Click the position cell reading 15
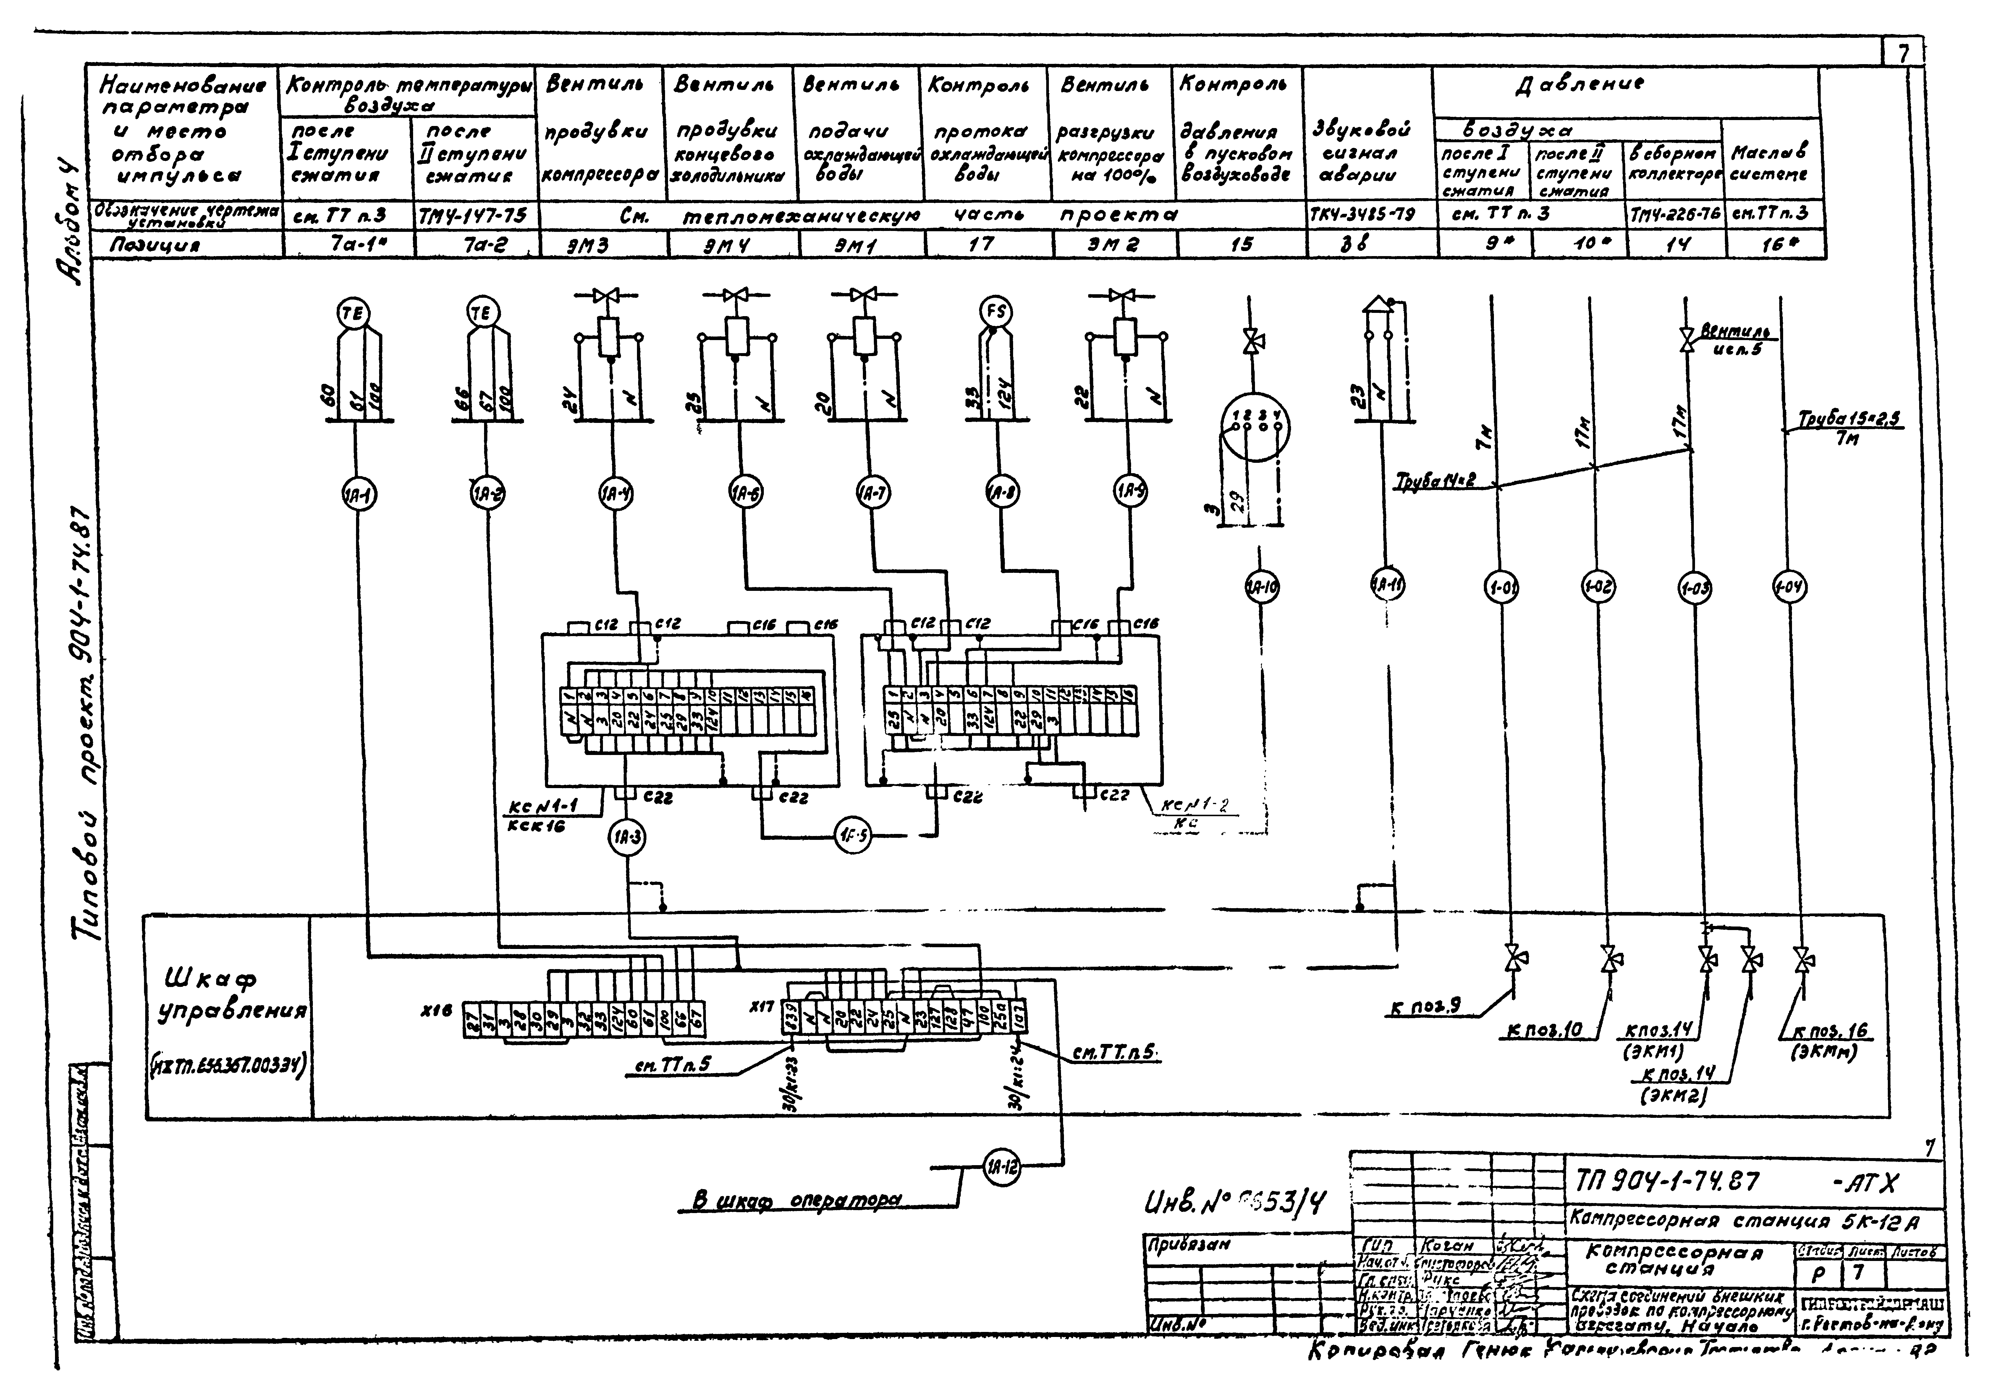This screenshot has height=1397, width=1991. coord(1242,245)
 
